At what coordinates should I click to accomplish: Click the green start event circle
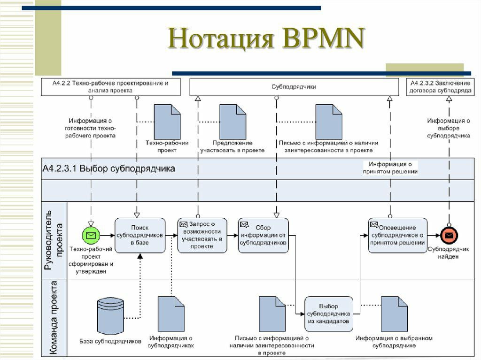(x=91, y=236)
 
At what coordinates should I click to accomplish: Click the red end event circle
(x=449, y=236)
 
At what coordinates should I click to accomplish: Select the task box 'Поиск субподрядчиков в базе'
(x=140, y=235)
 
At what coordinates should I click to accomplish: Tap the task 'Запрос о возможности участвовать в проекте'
(x=202, y=235)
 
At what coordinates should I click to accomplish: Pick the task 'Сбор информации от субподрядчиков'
(x=263, y=235)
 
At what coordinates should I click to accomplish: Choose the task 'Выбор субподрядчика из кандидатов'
(x=328, y=314)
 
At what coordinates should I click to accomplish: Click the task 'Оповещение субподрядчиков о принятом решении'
(x=397, y=235)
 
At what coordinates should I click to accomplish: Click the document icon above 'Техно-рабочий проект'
(x=167, y=122)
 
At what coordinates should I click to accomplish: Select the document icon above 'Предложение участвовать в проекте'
(x=233, y=122)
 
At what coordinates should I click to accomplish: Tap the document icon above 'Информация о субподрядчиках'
(x=171, y=314)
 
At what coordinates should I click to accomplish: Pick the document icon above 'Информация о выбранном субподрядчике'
(x=394, y=314)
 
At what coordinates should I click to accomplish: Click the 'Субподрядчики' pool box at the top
(x=294, y=87)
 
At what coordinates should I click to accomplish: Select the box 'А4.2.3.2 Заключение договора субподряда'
(x=440, y=87)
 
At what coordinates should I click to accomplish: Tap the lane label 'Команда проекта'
(x=54, y=318)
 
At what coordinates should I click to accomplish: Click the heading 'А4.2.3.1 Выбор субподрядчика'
(x=109, y=169)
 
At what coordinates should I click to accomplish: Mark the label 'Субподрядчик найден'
(x=448, y=253)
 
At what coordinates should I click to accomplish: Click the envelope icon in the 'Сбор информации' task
(x=244, y=225)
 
